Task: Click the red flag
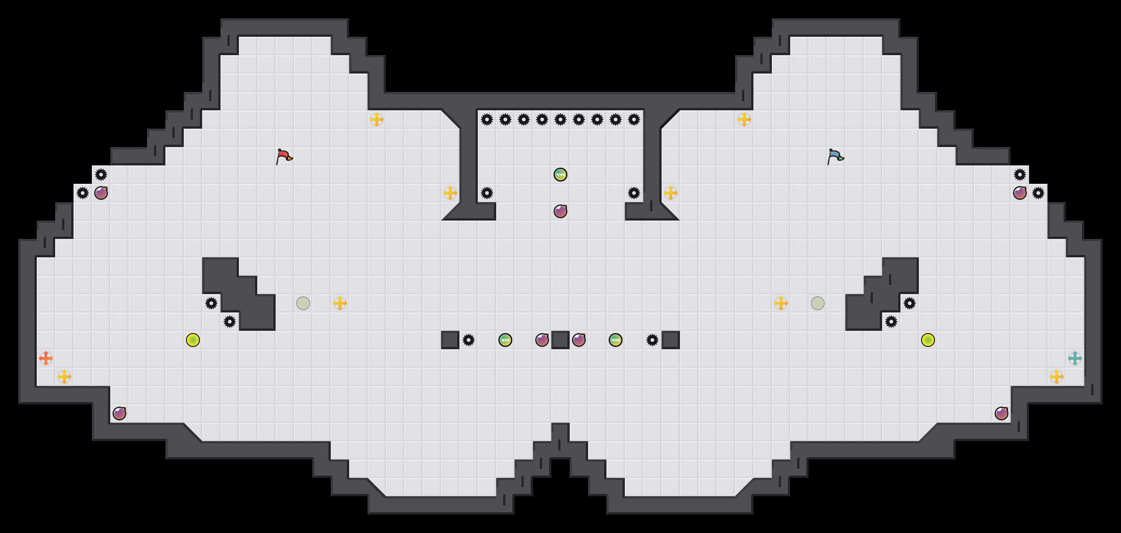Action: tap(284, 156)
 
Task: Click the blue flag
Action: tap(835, 156)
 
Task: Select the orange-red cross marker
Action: tap(46, 358)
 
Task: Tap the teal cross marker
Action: tap(1075, 358)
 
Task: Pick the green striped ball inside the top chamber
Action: tap(560, 175)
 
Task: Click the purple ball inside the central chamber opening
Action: tap(560, 211)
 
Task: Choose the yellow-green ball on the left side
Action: tap(193, 340)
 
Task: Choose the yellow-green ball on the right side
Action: tap(928, 340)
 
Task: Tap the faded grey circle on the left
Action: tap(303, 303)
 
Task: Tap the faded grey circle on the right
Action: tap(818, 303)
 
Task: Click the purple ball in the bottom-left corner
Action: tap(119, 414)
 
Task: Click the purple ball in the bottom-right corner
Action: tap(1002, 414)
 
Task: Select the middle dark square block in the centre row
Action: tap(560, 340)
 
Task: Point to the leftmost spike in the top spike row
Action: tap(487, 119)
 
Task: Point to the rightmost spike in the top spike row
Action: tap(634, 119)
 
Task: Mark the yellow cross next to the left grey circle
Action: tap(340, 303)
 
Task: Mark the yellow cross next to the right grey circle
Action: tap(781, 303)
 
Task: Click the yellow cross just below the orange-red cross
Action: tap(64, 377)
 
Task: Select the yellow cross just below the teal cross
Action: tap(1057, 377)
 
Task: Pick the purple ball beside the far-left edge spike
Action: tap(101, 193)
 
